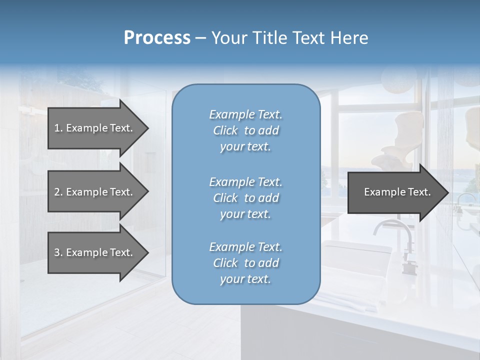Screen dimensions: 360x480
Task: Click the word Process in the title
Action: click(x=157, y=38)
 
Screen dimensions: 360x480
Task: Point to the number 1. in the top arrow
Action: click(x=58, y=128)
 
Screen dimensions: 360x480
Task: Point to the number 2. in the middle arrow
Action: click(x=58, y=192)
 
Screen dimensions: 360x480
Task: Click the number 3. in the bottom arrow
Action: click(x=58, y=252)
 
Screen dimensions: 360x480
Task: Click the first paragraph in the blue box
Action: click(x=245, y=130)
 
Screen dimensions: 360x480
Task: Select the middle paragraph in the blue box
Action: click(x=245, y=198)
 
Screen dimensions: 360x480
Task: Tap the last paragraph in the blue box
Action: click(x=245, y=263)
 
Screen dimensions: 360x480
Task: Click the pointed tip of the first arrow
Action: click(x=147, y=128)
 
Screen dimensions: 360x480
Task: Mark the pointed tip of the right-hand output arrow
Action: click(x=447, y=192)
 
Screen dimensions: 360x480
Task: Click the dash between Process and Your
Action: click(x=201, y=38)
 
